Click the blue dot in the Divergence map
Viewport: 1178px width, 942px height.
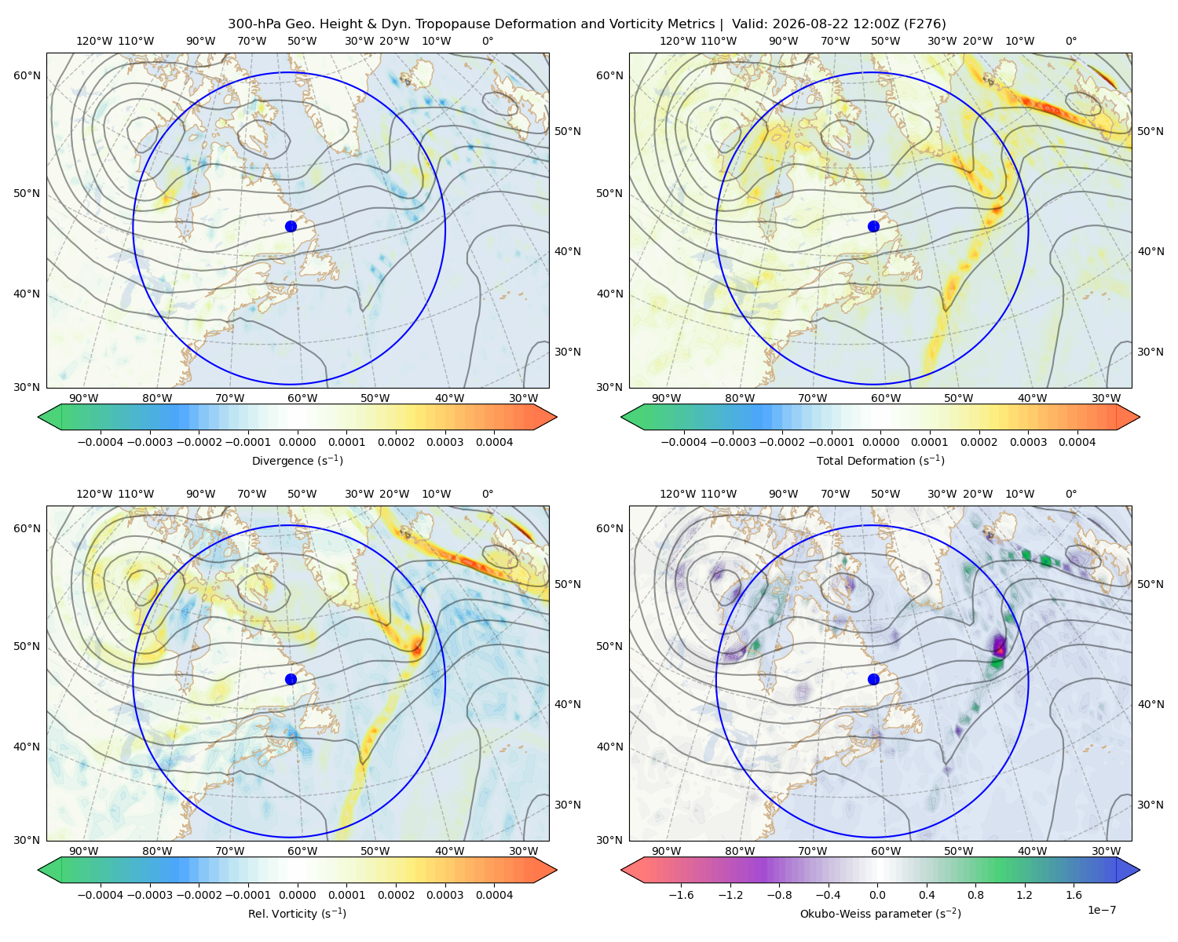[291, 226]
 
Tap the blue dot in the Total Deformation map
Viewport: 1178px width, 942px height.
[873, 226]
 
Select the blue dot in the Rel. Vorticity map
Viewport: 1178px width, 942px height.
[291, 679]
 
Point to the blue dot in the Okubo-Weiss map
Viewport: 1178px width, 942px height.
[873, 679]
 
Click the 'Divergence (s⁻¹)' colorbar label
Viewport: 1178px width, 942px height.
[297, 460]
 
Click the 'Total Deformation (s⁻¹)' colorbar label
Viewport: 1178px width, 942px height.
[880, 460]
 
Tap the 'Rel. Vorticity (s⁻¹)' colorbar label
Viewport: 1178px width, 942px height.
[297, 913]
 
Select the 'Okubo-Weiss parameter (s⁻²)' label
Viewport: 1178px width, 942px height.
[880, 913]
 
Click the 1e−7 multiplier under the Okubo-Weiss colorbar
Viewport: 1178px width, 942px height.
[1101, 910]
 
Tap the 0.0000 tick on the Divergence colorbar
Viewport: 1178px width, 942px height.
[297, 442]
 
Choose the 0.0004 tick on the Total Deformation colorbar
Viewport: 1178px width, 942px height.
[1077, 442]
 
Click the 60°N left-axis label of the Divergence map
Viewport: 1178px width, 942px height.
[27, 75]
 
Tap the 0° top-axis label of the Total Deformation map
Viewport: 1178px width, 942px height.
[1070, 41]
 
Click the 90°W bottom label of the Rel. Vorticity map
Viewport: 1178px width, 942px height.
[84, 851]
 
